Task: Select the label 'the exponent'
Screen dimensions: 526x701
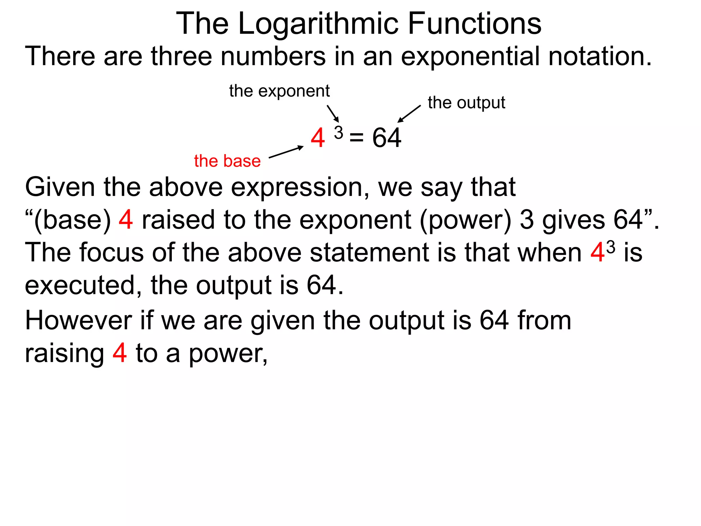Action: [279, 91]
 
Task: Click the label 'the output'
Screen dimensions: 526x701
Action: [466, 103]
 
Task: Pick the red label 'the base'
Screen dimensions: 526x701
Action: [227, 161]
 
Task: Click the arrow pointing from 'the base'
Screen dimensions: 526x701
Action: [286, 152]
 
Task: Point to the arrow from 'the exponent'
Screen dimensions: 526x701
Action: [333, 113]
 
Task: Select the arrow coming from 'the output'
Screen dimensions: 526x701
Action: [409, 114]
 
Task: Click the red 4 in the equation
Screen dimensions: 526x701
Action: [318, 138]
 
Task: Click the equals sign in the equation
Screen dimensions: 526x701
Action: [356, 138]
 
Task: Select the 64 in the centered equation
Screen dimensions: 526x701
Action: [387, 138]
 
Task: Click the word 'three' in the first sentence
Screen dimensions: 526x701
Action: [181, 56]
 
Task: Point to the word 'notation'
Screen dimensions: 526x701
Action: [599, 56]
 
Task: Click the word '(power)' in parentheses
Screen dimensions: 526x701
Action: [466, 220]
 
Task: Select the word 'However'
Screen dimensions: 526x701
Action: [78, 321]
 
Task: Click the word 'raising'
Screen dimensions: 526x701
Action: [64, 353]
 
